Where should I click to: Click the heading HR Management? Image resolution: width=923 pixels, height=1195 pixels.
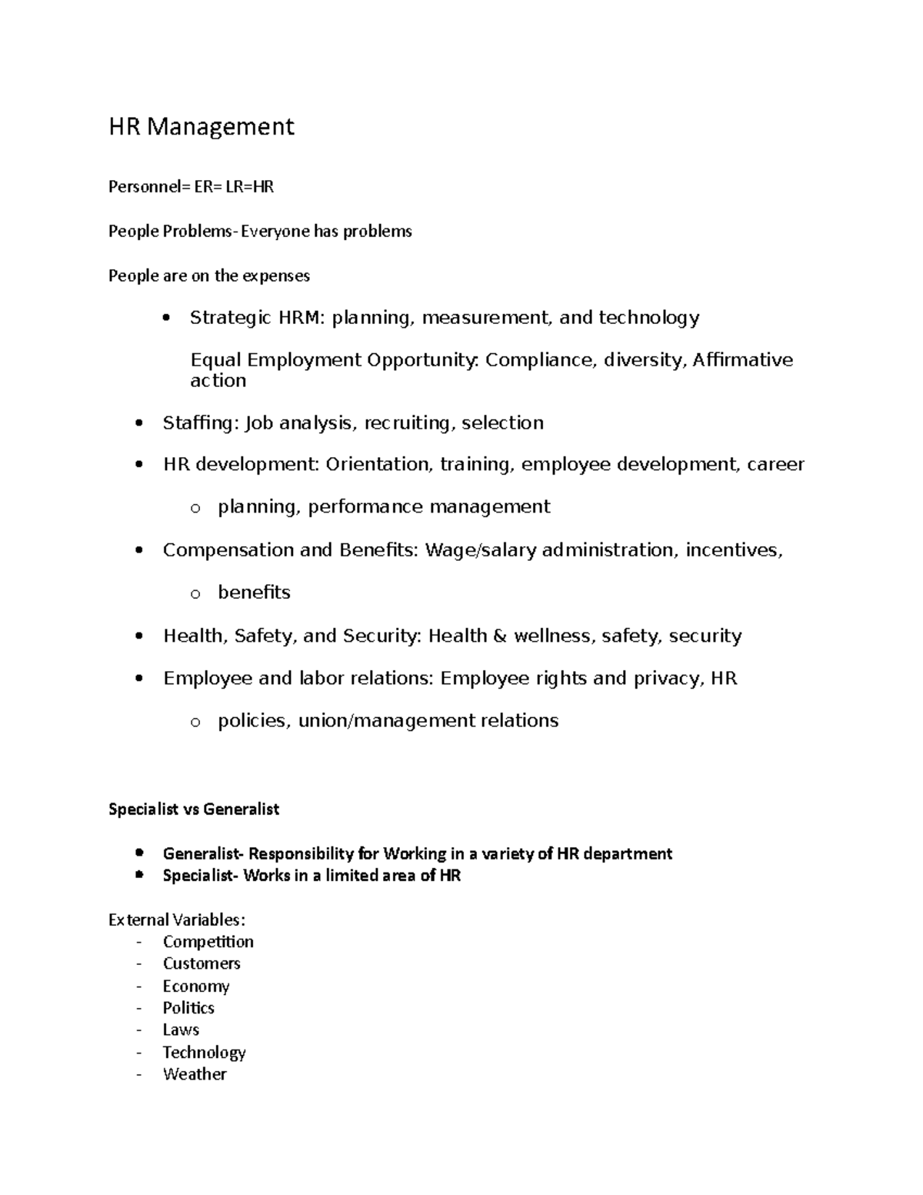(201, 126)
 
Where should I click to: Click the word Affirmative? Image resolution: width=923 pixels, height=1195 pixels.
(742, 360)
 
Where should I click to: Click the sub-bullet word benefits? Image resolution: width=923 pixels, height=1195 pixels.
(254, 592)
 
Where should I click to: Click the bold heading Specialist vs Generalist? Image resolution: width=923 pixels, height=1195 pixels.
(194, 809)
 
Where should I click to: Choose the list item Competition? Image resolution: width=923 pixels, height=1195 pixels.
(208, 942)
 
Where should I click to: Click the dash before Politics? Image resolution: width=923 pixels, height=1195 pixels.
(138, 1008)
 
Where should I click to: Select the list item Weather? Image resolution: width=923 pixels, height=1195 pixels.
(195, 1074)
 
